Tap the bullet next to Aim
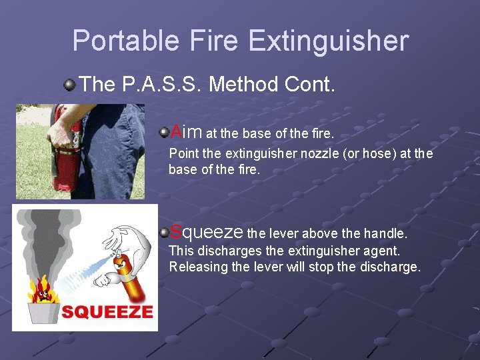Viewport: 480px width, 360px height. click(163, 133)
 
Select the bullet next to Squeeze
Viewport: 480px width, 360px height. click(163, 233)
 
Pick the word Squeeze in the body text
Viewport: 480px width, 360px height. click(207, 232)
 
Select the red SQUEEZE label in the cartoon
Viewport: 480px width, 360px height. click(107, 311)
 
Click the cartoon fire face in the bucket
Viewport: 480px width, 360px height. click(43, 291)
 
